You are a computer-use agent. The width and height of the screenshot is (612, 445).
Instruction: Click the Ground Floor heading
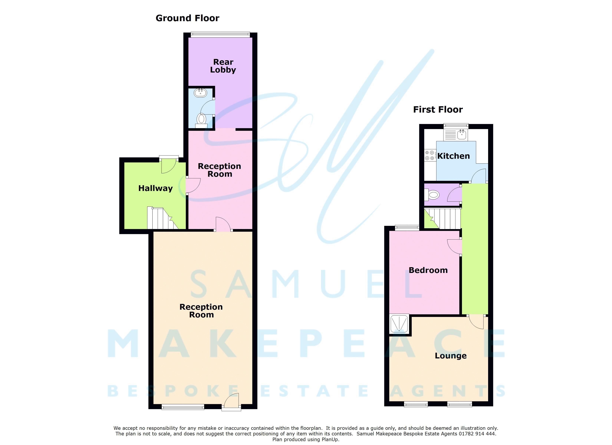point(187,18)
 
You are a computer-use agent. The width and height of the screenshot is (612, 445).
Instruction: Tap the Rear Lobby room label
point(223,66)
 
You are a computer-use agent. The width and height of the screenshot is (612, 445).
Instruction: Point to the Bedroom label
point(428,270)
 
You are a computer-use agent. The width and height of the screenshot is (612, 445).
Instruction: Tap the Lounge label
point(451,356)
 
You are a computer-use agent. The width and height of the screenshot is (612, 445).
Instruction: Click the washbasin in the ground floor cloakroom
point(200,93)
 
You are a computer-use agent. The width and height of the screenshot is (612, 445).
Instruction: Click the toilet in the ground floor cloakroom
point(201,120)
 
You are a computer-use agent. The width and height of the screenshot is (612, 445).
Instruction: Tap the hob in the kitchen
point(430,155)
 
